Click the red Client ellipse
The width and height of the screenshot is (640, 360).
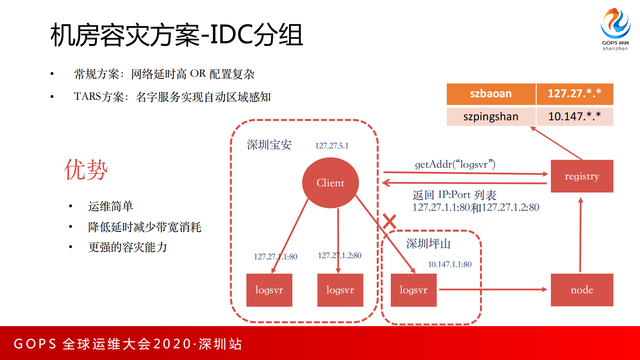coord(330,183)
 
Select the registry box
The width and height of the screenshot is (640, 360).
coord(582,176)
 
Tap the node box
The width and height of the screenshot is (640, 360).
coord(582,290)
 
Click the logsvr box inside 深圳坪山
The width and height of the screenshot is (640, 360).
coord(413,290)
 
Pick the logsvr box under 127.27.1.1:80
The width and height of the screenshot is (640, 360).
coord(269,290)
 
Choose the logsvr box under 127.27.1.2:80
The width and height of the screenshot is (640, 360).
coord(340,290)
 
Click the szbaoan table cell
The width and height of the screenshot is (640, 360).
coord(491,94)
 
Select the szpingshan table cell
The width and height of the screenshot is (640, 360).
coord(491,117)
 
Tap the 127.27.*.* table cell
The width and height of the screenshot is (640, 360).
coord(574,94)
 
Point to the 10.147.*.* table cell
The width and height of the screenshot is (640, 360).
coord(574,117)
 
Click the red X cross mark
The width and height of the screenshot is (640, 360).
coord(389,221)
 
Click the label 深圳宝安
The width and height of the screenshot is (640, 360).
coord(269,145)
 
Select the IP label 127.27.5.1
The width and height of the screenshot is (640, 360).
coord(331,146)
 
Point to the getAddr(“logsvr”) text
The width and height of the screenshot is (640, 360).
coord(455,164)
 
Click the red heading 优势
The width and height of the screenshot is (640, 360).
coord(86,170)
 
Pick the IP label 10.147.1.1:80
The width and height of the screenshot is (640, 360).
coord(449,264)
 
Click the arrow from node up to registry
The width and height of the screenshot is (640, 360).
coord(580,234)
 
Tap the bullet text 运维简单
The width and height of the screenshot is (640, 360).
coord(110,206)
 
